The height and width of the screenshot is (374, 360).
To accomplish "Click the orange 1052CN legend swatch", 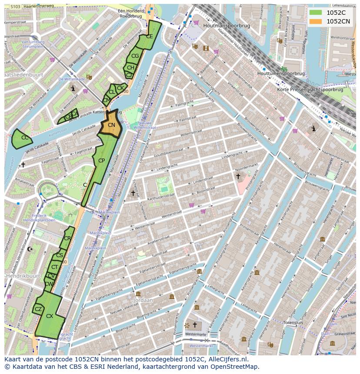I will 316,21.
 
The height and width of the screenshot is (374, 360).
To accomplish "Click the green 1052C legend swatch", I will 316,13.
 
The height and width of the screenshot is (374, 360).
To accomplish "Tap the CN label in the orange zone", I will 111,125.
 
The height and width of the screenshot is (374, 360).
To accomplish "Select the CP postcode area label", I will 101,161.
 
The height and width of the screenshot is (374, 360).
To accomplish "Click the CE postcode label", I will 149,36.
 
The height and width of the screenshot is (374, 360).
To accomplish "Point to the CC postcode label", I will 25,138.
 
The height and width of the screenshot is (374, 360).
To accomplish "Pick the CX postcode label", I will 50,316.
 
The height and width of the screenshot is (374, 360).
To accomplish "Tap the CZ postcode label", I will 38,309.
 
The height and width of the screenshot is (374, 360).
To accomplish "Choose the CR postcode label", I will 67,238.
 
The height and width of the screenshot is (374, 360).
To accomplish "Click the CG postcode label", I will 135,56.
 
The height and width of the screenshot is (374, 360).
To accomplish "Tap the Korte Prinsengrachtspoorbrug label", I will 310,90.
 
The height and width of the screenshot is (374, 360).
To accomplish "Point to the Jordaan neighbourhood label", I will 143,300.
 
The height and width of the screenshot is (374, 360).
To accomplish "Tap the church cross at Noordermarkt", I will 238,176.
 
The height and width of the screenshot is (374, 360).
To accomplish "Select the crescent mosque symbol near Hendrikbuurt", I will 30,249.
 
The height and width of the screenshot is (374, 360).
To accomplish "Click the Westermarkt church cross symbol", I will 195,325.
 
